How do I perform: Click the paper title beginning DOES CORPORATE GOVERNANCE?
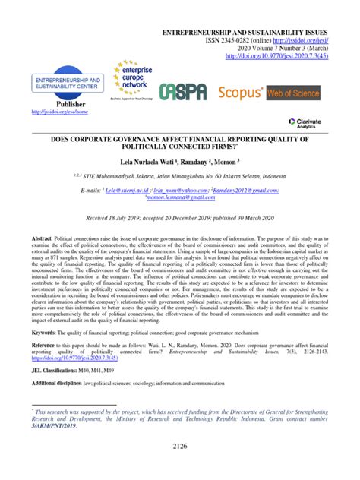(179, 144)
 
